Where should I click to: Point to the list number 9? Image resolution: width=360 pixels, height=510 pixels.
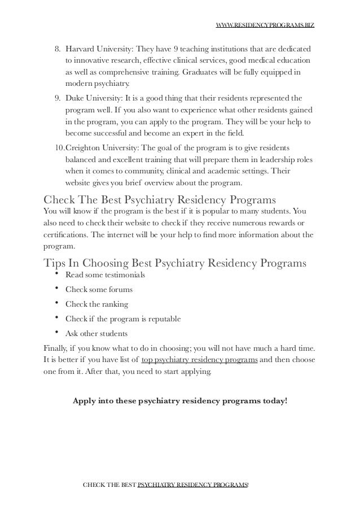pos(58,97)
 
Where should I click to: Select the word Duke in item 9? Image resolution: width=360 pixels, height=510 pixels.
pos(75,97)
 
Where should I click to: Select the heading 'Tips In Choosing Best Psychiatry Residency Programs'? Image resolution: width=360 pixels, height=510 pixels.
pos(175,263)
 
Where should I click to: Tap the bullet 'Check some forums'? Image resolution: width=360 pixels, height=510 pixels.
pos(99,290)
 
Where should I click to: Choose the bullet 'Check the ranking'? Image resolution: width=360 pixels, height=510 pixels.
pos(96,304)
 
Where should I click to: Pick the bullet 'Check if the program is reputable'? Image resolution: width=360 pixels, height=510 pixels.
pos(123,319)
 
